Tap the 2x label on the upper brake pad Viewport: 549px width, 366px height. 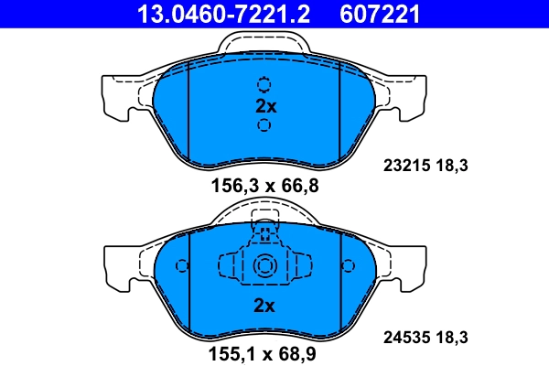coord(265,105)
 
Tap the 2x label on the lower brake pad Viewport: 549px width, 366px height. coord(265,306)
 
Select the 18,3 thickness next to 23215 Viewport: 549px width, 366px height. coord(453,166)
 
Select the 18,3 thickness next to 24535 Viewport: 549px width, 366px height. coord(453,338)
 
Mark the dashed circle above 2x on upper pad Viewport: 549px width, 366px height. coord(264,84)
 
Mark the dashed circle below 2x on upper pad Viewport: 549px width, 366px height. coord(264,125)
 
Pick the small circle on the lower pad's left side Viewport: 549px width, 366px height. coord(181,266)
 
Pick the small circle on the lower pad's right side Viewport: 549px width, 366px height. coord(348,266)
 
